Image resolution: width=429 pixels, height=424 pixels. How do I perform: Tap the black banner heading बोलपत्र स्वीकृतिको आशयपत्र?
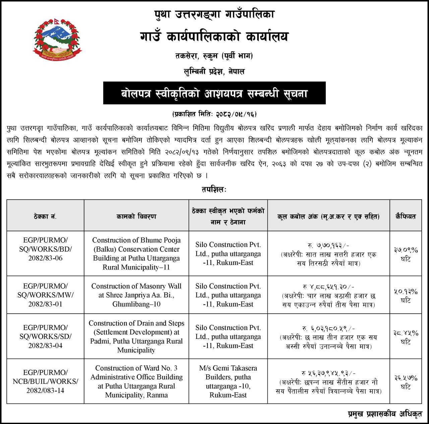(214, 94)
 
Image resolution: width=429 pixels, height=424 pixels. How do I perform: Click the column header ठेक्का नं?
(45, 217)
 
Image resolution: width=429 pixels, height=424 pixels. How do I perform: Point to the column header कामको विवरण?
(136, 217)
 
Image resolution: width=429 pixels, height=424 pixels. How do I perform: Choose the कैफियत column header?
(406, 217)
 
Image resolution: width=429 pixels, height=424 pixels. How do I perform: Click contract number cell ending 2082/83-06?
(45, 249)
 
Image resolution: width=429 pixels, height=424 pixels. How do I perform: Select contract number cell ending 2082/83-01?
(45, 295)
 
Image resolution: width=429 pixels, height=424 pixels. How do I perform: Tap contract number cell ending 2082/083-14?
(45, 381)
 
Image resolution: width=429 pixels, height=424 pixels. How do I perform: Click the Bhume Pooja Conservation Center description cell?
(136, 254)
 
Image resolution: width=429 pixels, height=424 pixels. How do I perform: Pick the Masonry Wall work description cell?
(136, 295)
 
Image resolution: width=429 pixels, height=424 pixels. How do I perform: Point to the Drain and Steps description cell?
(136, 336)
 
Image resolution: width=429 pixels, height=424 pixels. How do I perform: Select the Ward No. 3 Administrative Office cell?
(136, 381)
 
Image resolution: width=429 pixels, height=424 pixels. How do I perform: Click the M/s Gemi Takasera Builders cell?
(228, 381)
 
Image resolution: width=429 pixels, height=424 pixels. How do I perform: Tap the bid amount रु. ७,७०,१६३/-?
(328, 245)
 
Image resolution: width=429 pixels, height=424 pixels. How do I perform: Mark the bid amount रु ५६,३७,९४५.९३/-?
(328, 373)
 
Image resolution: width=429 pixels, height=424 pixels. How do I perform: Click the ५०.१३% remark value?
(406, 291)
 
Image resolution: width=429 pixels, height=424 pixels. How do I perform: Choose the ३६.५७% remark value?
(406, 378)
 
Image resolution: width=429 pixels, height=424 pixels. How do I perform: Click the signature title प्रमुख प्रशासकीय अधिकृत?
(385, 414)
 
